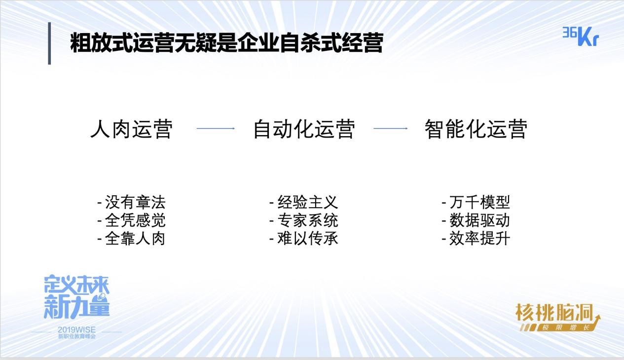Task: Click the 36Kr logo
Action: pyautogui.click(x=581, y=36)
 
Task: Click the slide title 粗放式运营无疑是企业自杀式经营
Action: pyautogui.click(x=227, y=42)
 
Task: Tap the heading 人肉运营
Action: pyautogui.click(x=132, y=129)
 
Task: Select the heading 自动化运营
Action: pyautogui.click(x=304, y=129)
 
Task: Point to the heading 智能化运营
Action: pyautogui.click(x=476, y=129)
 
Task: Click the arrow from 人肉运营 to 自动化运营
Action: pyautogui.click(x=216, y=128)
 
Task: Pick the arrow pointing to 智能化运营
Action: pyautogui.click(x=391, y=128)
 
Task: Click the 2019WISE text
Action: pyautogui.click(x=76, y=330)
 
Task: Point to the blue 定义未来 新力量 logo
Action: pyautogui.click(x=76, y=297)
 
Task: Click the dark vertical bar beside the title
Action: pyautogui.click(x=50, y=43)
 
